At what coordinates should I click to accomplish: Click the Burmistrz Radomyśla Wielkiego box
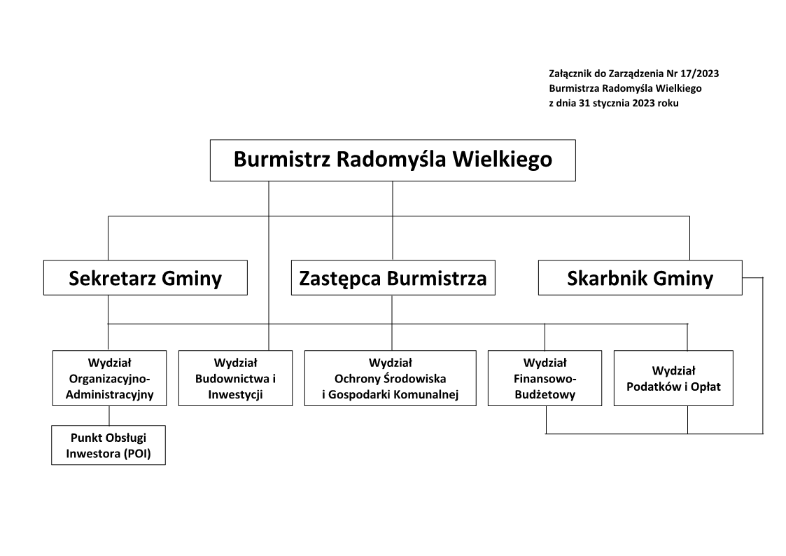point(393,160)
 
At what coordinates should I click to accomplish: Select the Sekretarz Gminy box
point(145,278)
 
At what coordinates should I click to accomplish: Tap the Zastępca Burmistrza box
point(392,278)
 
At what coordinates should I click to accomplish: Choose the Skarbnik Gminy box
point(640,278)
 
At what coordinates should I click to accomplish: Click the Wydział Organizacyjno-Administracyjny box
point(109,378)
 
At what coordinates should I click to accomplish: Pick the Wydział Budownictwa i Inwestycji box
point(235,378)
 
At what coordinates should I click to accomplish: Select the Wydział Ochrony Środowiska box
point(390,378)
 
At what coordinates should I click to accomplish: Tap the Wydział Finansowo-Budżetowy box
point(545,378)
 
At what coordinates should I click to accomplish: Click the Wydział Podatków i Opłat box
point(673,378)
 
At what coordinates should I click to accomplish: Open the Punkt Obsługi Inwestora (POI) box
point(109,445)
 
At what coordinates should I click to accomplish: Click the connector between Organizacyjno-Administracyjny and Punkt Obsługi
point(108,415)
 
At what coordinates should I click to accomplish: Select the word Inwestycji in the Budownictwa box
point(235,395)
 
